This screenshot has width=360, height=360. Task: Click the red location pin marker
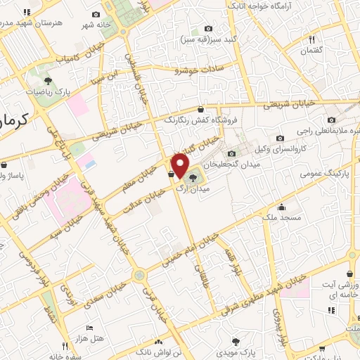[x=181, y=166]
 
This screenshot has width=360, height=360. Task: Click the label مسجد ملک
[x=283, y=218]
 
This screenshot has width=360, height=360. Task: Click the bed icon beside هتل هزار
[x=89, y=328]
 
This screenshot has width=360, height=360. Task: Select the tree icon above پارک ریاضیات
[x=47, y=80]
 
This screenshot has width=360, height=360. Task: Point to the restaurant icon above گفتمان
[x=311, y=39]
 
